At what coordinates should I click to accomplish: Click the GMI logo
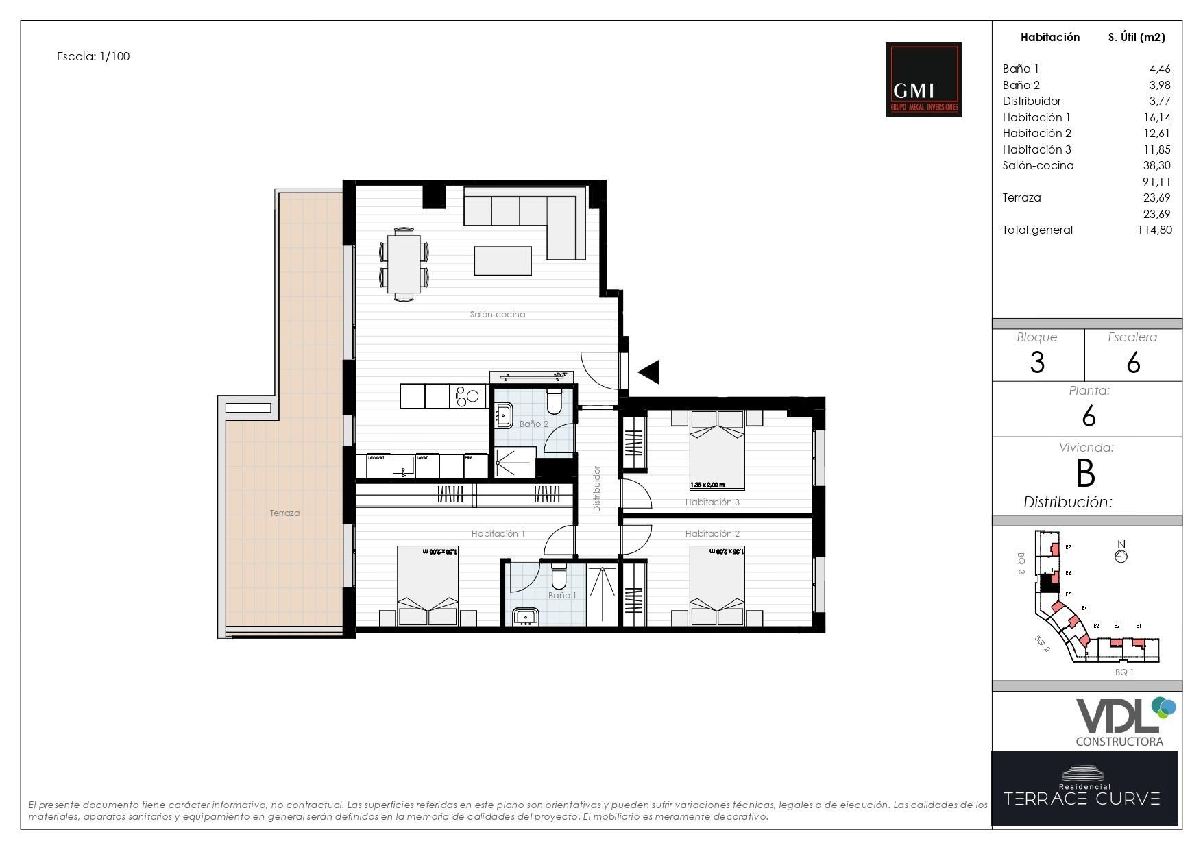(x=923, y=80)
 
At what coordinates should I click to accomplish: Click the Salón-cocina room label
(x=498, y=315)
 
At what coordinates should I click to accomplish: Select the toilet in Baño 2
(x=555, y=402)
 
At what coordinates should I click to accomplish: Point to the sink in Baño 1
(x=526, y=617)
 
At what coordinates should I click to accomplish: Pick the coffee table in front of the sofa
(x=503, y=260)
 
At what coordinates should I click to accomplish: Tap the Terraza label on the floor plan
(x=284, y=513)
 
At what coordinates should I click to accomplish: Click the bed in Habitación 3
(x=716, y=450)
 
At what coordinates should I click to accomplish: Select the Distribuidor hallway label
(x=597, y=489)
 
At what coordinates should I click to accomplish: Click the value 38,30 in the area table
(x=1156, y=165)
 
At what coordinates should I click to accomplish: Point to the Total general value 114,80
(x=1154, y=230)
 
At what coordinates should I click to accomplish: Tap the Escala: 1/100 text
(x=93, y=56)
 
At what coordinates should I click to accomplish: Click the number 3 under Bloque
(x=1037, y=362)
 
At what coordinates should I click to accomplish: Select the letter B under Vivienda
(x=1086, y=473)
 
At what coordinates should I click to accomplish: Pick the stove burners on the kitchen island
(x=467, y=396)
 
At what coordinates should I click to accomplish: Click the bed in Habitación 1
(x=428, y=586)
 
